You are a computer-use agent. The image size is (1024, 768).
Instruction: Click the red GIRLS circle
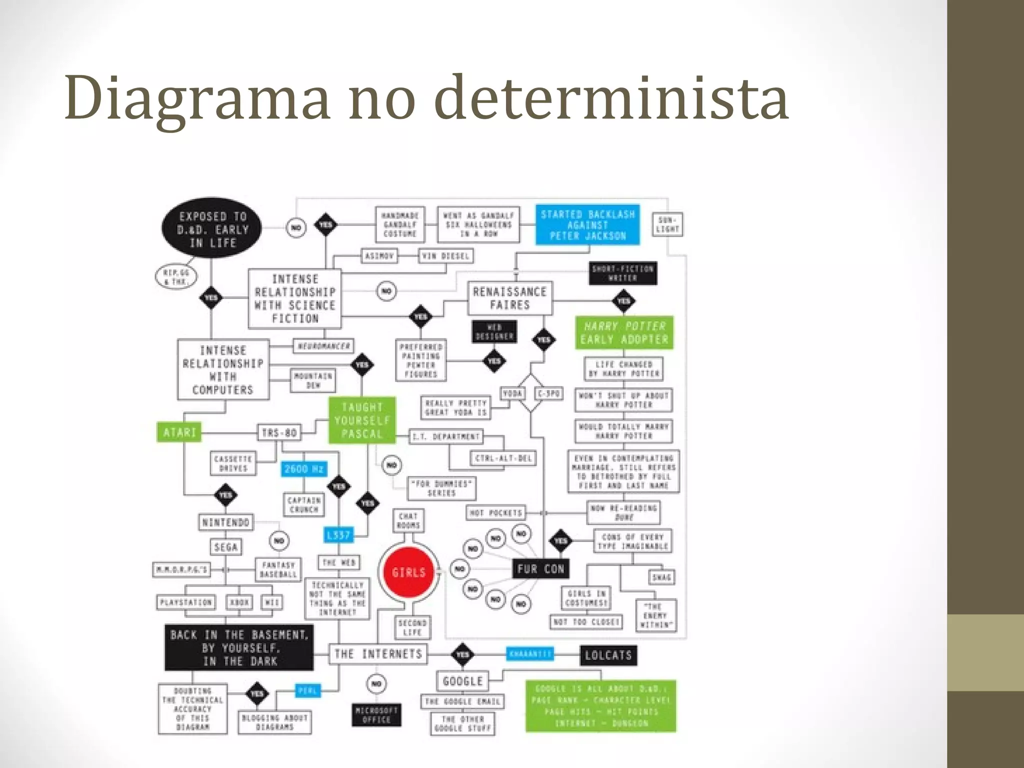(x=408, y=572)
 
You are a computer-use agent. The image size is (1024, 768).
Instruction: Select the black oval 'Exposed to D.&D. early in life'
(x=212, y=229)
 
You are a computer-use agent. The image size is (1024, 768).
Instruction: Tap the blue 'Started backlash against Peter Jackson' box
(x=587, y=225)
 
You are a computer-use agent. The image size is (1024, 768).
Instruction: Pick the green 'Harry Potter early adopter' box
(x=624, y=332)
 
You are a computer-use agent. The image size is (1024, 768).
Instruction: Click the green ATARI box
(x=179, y=432)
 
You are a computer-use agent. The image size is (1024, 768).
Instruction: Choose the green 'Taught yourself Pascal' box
(x=361, y=420)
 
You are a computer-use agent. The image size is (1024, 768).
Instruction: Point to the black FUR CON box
(x=540, y=568)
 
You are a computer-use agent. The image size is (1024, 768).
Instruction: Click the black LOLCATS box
(x=608, y=655)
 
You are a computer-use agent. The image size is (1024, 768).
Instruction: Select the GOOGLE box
(x=462, y=681)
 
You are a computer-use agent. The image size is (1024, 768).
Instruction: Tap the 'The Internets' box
(x=378, y=654)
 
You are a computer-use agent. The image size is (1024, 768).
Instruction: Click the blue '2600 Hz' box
(x=304, y=469)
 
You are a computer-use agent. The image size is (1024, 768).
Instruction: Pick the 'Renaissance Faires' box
(x=509, y=298)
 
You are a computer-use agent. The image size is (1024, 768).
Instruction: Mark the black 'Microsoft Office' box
(x=376, y=715)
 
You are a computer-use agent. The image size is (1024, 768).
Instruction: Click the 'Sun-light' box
(x=667, y=224)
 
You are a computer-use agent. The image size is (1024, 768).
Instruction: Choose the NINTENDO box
(x=225, y=522)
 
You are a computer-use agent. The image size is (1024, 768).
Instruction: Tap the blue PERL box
(x=307, y=691)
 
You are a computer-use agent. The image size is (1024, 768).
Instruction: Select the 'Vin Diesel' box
(x=445, y=256)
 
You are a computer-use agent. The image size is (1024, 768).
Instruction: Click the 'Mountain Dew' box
(x=313, y=380)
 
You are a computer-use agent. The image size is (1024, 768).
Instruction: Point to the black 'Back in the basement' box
(x=239, y=648)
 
